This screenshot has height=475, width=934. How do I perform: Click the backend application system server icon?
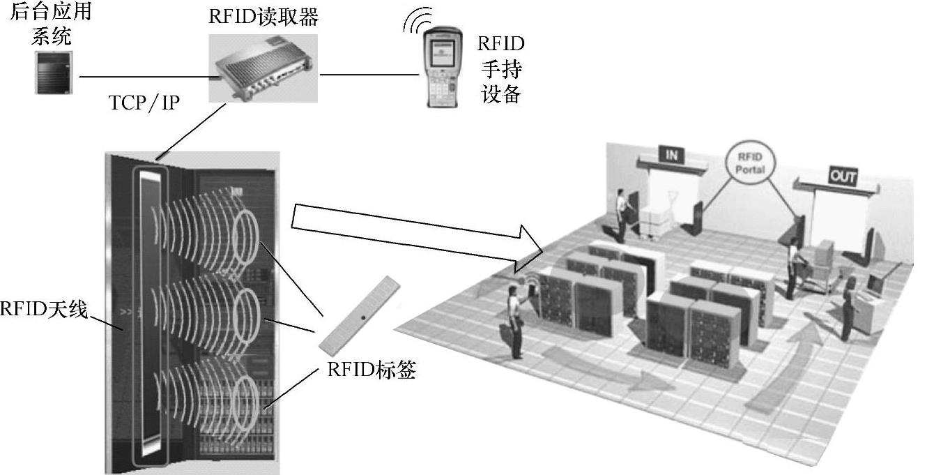[53, 72]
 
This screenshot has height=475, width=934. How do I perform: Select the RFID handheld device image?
[441, 68]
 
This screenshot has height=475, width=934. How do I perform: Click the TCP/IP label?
[145, 103]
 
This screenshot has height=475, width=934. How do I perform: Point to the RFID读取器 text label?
[263, 15]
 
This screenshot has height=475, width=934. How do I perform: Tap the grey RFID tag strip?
[361, 315]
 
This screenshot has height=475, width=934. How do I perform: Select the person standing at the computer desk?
[849, 309]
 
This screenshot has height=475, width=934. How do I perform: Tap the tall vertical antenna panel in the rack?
[151, 314]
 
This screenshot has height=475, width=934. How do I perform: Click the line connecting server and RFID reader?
[143, 76]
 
